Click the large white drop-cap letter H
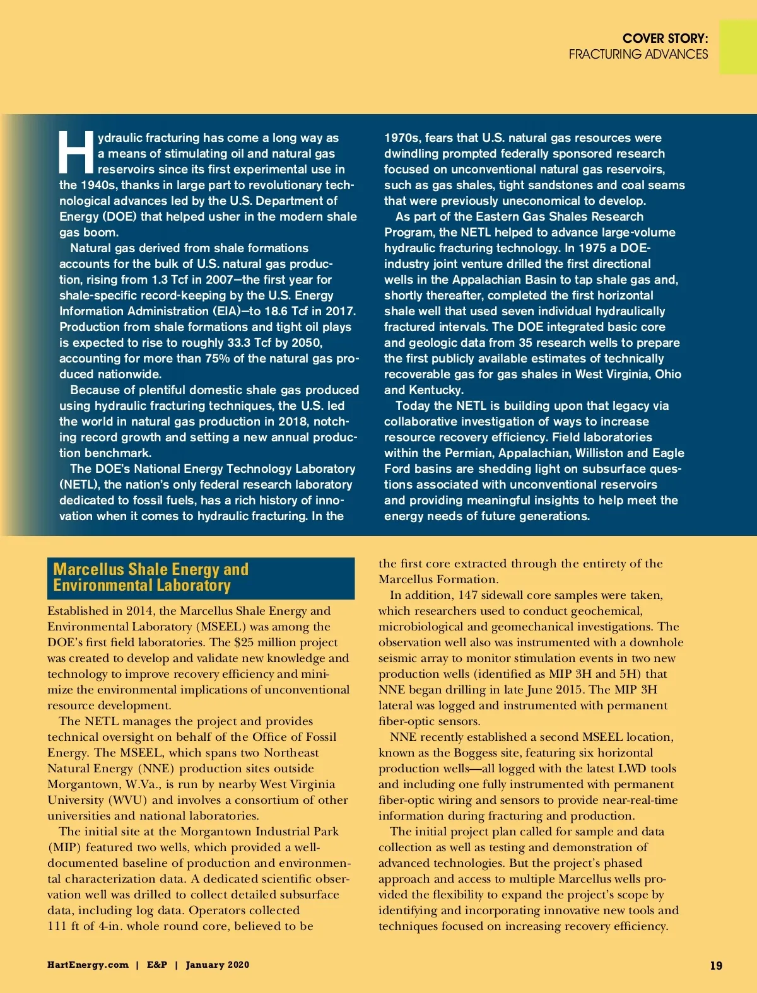click(76, 153)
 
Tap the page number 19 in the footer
click(716, 965)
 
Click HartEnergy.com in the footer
click(88, 965)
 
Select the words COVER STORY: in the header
click(665, 38)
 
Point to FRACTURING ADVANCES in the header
click(638, 54)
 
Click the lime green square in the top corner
click(738, 47)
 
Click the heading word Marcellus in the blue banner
click(88, 569)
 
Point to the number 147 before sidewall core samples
click(468, 595)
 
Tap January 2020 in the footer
click(218, 965)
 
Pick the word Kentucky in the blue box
click(435, 390)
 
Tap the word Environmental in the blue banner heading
click(102, 586)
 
